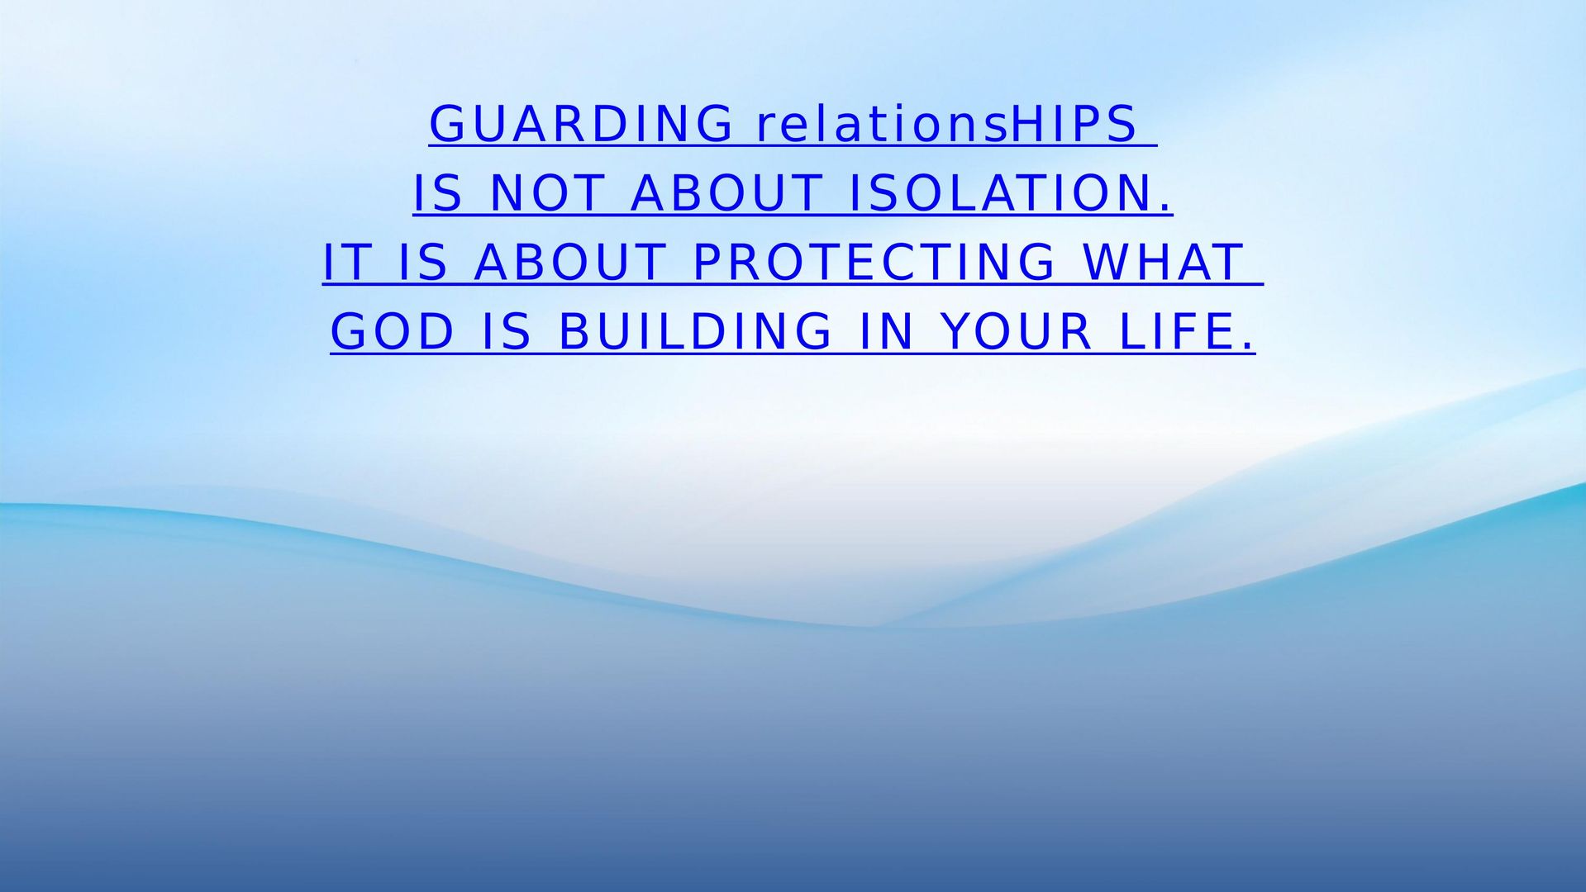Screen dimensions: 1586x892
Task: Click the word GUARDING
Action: [581, 124]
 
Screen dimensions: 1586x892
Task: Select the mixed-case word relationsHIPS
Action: [947, 124]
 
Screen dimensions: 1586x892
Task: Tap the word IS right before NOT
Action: [437, 193]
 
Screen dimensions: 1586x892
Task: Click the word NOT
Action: [547, 193]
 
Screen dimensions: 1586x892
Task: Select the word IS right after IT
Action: [423, 263]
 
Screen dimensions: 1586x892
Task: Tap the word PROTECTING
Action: [874, 263]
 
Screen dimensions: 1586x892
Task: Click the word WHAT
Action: [1163, 263]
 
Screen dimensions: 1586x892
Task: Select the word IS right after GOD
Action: [507, 332]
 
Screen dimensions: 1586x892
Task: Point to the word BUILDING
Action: [696, 332]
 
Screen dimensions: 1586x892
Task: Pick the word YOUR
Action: [1017, 332]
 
